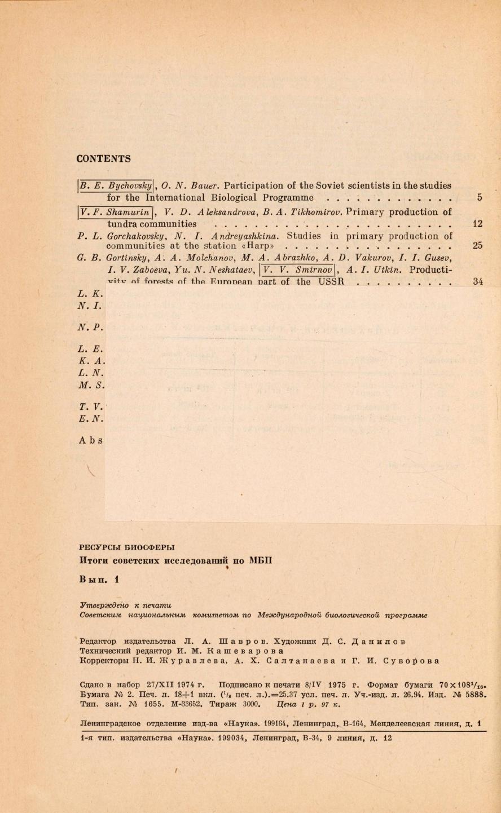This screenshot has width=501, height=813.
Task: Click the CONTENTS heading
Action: point(103,159)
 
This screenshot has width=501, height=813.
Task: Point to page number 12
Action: point(477,224)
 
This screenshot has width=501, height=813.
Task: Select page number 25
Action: point(477,246)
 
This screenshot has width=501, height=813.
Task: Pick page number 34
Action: point(477,282)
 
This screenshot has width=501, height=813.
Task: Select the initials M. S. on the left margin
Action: point(91,386)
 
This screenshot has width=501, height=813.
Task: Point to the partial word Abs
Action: point(91,440)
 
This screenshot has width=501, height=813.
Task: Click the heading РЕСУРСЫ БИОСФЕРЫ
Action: point(127,546)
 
